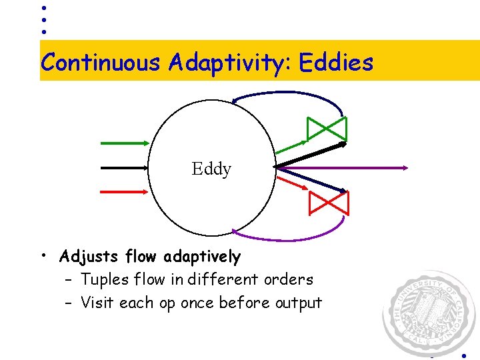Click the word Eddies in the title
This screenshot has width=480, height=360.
pyautogui.click(x=336, y=62)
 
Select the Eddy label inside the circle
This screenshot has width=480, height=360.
pyautogui.click(x=211, y=169)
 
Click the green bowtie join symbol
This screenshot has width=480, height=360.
pyautogui.click(x=327, y=128)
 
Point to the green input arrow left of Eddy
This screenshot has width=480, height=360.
pyautogui.click(x=125, y=143)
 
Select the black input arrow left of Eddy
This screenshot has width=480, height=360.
pyautogui.click(x=125, y=167)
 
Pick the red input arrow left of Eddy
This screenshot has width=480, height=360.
pyautogui.click(x=125, y=191)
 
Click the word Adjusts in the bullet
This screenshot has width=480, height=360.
pyautogui.click(x=86, y=256)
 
